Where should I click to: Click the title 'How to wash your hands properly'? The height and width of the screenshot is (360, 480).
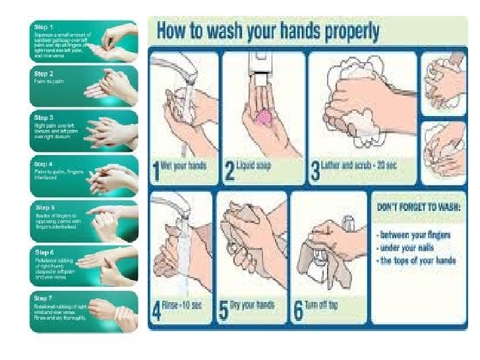click(x=267, y=31)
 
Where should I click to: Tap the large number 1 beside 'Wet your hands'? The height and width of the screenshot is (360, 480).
click(x=156, y=171)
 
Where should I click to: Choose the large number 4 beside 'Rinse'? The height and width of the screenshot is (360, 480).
click(x=157, y=311)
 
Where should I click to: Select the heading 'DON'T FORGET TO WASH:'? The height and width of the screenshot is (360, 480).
click(x=419, y=206)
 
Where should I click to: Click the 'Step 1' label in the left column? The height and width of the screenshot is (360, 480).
click(x=44, y=26)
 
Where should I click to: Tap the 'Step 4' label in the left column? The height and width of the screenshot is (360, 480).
click(x=44, y=164)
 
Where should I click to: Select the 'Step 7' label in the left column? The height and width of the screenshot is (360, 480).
click(x=44, y=298)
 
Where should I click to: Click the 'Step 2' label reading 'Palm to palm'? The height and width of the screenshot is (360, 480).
click(x=44, y=74)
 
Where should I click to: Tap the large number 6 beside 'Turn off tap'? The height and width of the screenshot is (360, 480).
click(x=299, y=311)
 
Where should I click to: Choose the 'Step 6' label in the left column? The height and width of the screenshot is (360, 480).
click(x=44, y=253)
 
